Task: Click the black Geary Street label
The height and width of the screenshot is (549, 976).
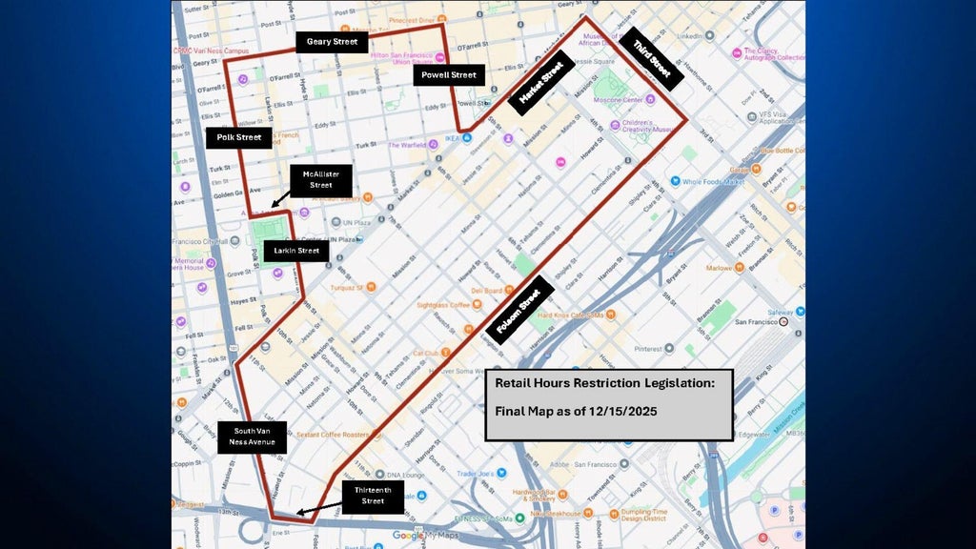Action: coord(332,42)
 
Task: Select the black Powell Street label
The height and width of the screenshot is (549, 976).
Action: coord(450,75)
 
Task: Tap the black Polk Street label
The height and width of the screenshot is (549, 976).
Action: coord(238,137)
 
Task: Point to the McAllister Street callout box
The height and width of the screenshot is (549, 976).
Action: coord(320,179)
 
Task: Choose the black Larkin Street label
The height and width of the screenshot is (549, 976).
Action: coord(296,251)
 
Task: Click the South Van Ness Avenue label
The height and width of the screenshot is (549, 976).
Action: coord(252,437)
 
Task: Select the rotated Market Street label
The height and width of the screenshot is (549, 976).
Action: coord(540,83)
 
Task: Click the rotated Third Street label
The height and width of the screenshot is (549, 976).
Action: coord(652,59)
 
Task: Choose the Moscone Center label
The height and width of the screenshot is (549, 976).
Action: coord(619,99)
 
